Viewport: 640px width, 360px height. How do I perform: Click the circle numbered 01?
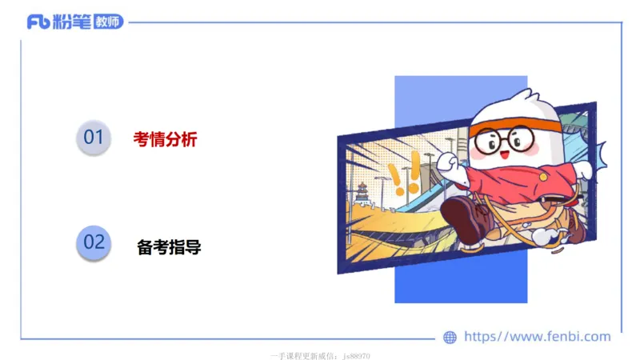pyautogui.click(x=94, y=138)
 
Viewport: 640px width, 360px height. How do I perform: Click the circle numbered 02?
pyautogui.click(x=94, y=242)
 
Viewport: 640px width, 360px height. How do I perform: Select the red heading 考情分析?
pyautogui.click(x=165, y=139)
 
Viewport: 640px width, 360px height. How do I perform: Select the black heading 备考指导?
pyautogui.click(x=169, y=247)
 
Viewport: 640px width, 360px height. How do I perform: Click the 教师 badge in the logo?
pyautogui.click(x=108, y=22)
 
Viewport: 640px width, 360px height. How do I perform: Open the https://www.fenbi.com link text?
pyautogui.click(x=537, y=337)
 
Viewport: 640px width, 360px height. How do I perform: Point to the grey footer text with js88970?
pyautogui.click(x=320, y=355)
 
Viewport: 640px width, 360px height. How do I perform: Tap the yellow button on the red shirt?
pyautogui.click(x=543, y=175)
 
